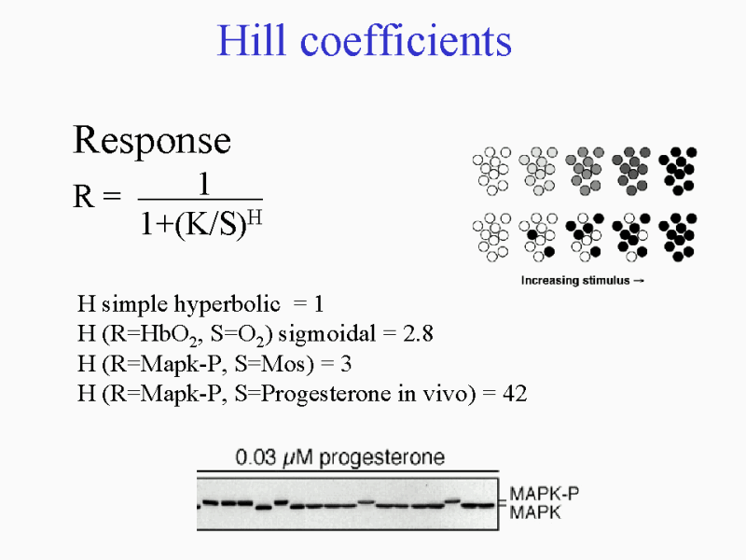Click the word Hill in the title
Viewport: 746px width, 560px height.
(x=252, y=40)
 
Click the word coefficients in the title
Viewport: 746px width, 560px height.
(x=406, y=40)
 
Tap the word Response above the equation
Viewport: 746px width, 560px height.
(x=152, y=142)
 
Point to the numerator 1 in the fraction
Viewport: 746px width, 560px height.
(x=203, y=184)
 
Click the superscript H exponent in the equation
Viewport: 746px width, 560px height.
(x=255, y=217)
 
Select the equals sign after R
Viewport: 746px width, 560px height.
(x=111, y=195)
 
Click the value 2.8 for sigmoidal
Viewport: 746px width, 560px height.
(x=418, y=333)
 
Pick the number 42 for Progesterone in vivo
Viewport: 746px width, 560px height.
(x=515, y=393)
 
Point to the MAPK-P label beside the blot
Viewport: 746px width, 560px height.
(x=545, y=494)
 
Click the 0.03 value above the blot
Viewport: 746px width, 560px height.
(x=256, y=457)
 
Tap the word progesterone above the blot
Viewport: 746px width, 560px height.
(x=381, y=458)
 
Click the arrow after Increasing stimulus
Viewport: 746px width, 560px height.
(x=639, y=281)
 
